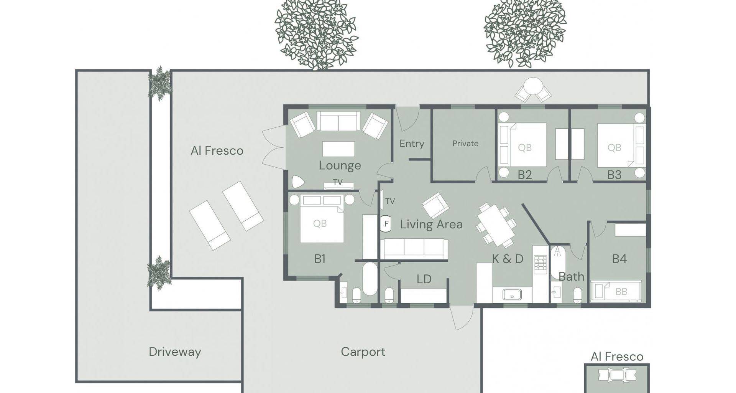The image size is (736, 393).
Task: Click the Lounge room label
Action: (340, 165)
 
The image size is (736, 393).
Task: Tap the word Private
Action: (465, 144)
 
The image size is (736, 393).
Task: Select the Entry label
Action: (412, 144)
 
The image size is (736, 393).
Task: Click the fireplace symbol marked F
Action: (386, 224)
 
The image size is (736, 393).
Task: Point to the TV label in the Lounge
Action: (337, 182)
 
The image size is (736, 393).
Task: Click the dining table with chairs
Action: (496, 225)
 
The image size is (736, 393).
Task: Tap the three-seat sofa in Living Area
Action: (414, 248)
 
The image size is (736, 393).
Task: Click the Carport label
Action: (363, 352)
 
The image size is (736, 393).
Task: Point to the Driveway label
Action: (175, 352)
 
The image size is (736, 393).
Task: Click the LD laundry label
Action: (424, 279)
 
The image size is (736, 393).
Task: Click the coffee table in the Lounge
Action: (338, 149)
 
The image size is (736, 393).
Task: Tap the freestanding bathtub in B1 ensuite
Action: (370, 279)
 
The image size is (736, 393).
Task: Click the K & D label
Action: (508, 259)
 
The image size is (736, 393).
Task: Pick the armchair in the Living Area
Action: (435, 206)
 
